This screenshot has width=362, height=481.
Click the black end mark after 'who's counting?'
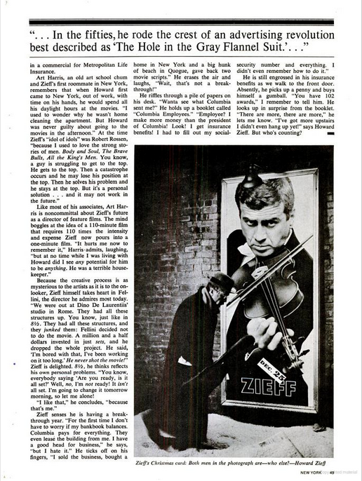click(x=330, y=131)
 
